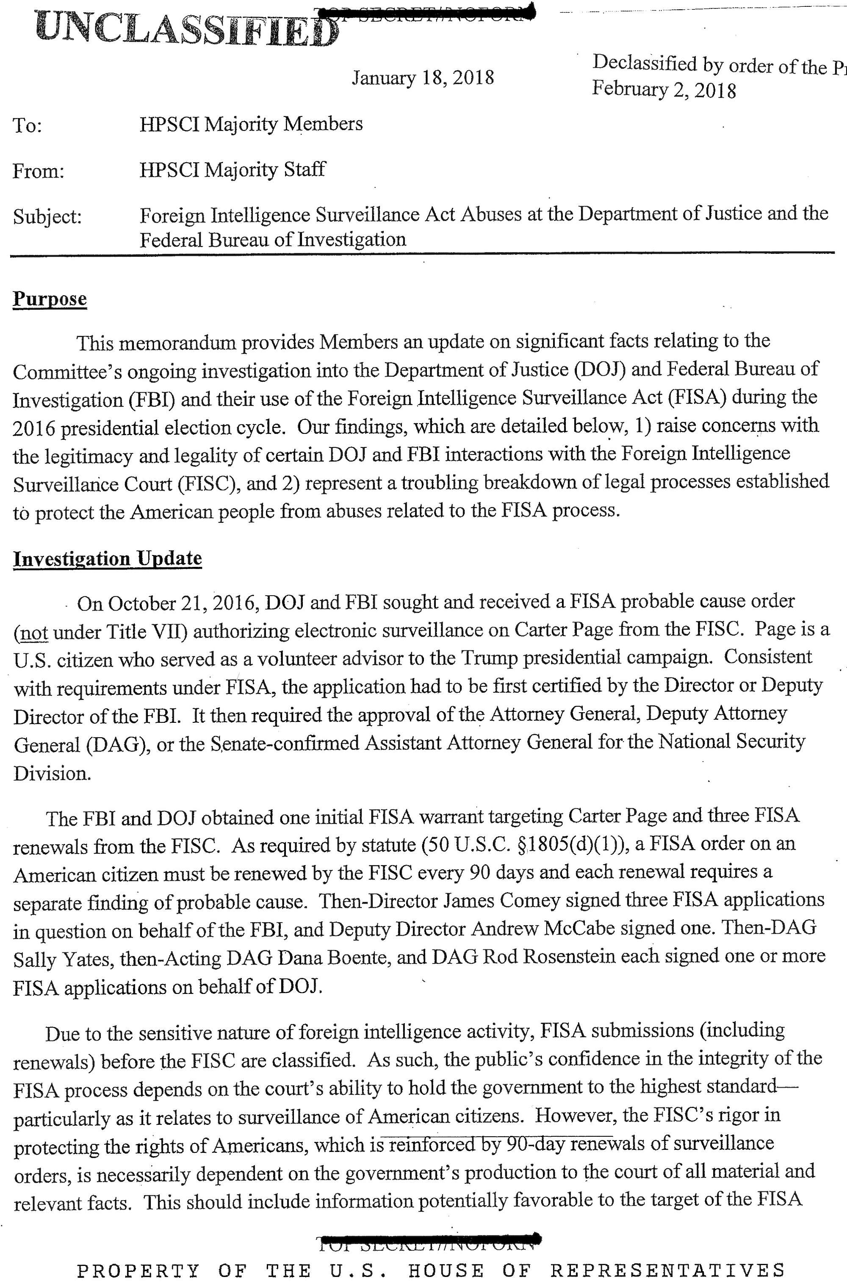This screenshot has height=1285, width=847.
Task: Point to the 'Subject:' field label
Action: pos(47,217)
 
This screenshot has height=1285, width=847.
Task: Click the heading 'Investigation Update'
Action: pos(108,558)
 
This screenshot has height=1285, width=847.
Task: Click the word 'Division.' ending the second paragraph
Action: pos(52,774)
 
